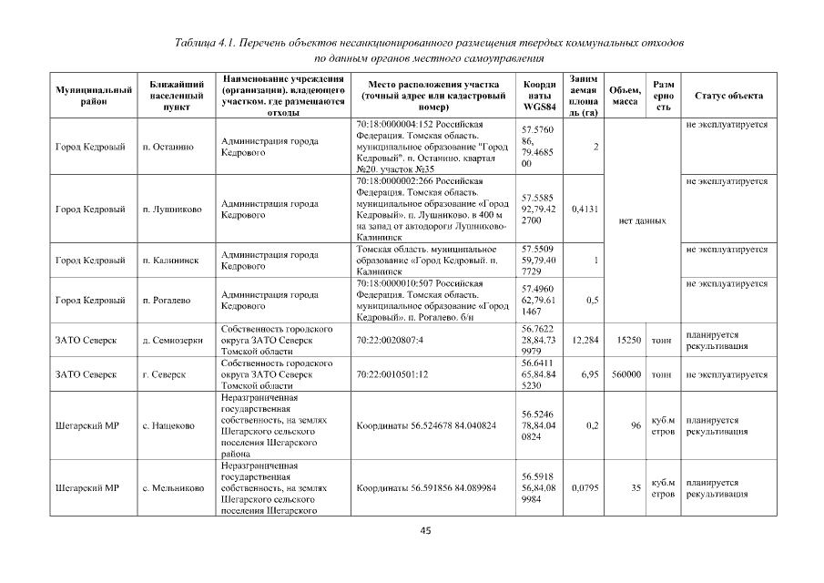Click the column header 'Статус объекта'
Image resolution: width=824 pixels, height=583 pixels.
pyautogui.click(x=728, y=96)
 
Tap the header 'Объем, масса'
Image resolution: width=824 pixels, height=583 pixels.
pyautogui.click(x=624, y=96)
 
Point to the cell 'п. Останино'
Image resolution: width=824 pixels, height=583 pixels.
pyautogui.click(x=169, y=147)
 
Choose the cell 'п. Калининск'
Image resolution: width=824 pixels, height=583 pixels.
pyautogui.click(x=171, y=260)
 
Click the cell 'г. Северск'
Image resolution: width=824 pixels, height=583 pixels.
pyautogui.click(x=165, y=374)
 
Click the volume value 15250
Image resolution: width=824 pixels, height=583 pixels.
pyautogui.click(x=626, y=340)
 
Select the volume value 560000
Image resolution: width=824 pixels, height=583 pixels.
pyautogui.click(x=624, y=374)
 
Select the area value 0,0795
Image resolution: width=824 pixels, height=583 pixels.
pyautogui.click(x=583, y=488)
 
